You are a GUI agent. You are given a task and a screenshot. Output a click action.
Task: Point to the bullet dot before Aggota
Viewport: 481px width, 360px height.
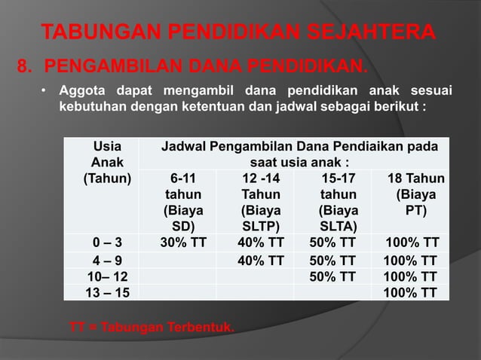pos(44,92)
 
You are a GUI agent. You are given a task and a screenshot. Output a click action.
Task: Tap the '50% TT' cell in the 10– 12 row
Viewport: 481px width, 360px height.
pos(332,277)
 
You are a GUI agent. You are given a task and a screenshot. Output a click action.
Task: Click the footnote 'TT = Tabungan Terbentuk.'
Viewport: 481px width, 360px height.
pos(152,328)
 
